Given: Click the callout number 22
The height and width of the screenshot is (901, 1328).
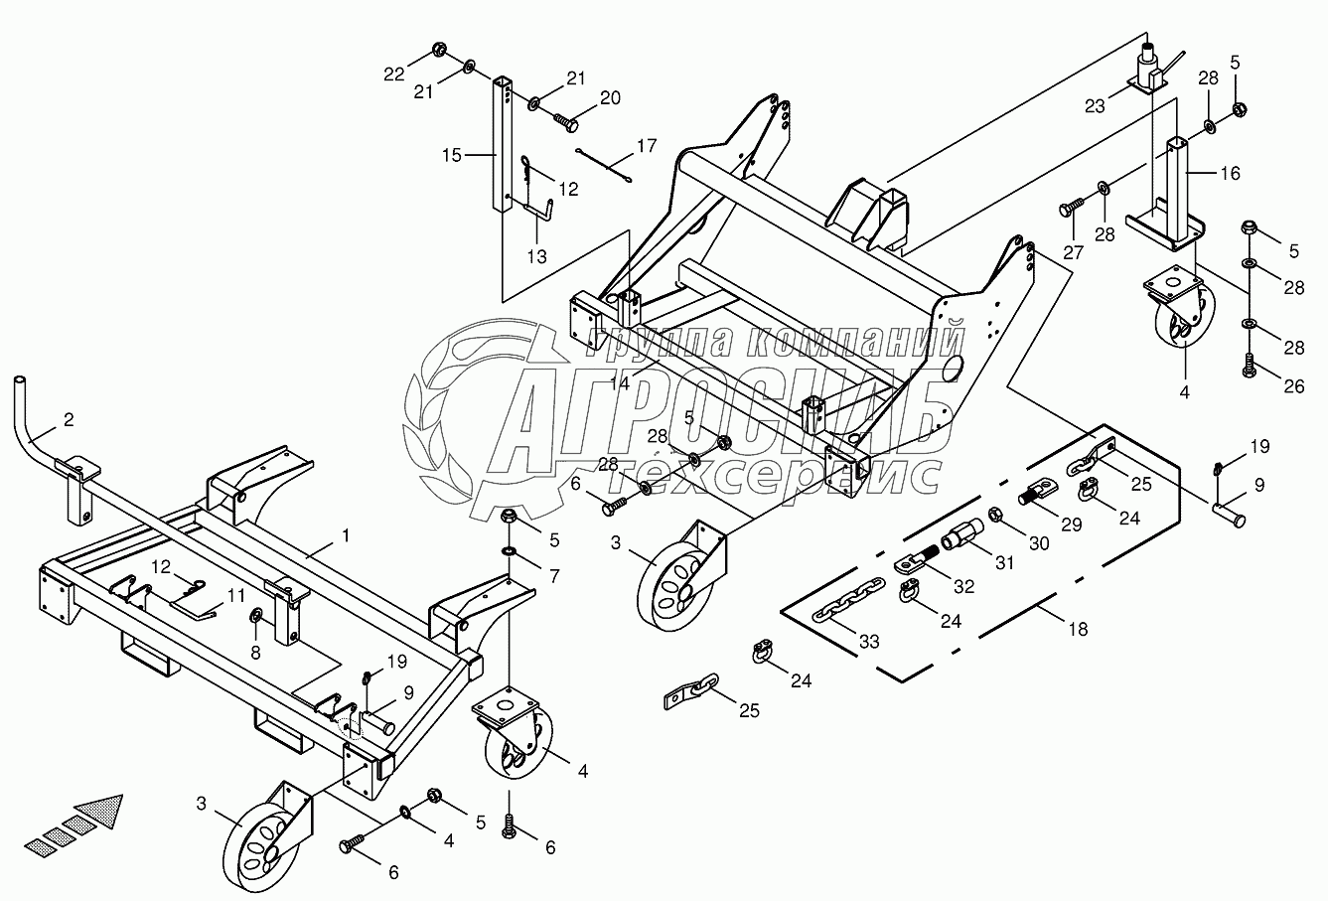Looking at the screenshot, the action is pos(394,73).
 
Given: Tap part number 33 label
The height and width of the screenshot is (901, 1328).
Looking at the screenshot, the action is pos(869,643).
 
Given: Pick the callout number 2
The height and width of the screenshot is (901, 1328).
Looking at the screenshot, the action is pos(69,419).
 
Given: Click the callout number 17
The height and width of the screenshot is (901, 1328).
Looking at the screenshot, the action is pos(647,146).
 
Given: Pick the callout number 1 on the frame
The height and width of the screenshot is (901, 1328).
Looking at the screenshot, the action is pos(345,534).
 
